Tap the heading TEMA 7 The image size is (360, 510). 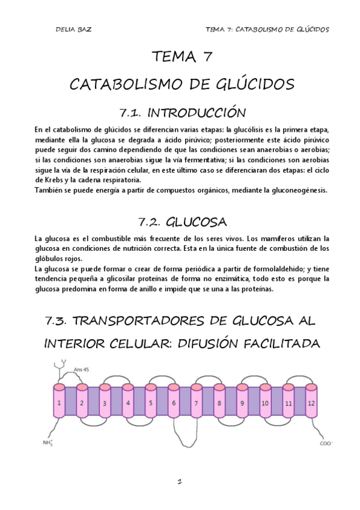click(180, 58)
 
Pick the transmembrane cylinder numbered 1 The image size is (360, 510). click(59, 402)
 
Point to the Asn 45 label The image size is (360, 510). click(81, 368)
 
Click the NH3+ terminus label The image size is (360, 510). click(48, 444)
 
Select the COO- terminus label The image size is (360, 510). click(326, 444)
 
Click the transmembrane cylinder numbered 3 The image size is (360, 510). click(105, 403)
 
